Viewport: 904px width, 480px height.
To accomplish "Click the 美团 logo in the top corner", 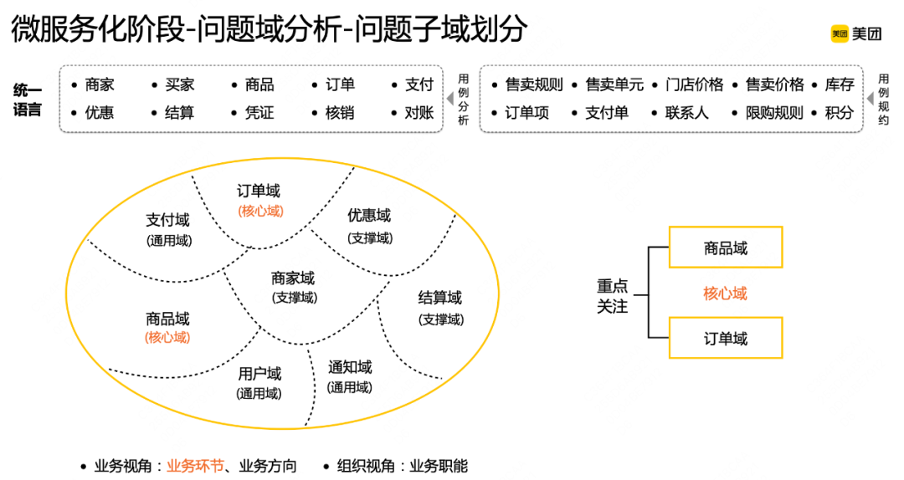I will [855, 33].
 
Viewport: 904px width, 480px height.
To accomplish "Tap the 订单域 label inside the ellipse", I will [259, 191].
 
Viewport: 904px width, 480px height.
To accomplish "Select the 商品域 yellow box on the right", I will [726, 248].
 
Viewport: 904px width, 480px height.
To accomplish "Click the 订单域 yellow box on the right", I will [726, 338].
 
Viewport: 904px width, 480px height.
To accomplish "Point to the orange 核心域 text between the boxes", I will [725, 293].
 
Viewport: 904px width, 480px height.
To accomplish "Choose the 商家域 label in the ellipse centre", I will [293, 278].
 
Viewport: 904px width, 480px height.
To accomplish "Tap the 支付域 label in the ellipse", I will [167, 220].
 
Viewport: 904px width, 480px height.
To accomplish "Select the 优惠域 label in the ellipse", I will [369, 216].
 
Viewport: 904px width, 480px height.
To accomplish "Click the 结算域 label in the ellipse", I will [440, 298].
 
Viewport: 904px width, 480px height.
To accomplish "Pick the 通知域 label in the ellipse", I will [350, 367].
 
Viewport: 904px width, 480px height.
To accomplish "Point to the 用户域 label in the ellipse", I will [259, 374].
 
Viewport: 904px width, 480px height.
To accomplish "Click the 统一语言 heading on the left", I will [28, 98].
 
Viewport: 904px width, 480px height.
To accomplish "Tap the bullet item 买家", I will [179, 84].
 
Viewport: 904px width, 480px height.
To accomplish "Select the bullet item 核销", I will [339, 112].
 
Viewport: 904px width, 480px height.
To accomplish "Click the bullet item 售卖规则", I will [534, 84].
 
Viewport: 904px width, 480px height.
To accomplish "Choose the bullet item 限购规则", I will [773, 112].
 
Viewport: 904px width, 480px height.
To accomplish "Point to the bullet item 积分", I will [839, 112].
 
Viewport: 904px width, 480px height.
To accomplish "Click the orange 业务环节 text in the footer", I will [195, 466].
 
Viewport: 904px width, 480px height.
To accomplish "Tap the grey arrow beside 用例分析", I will [450, 99].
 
